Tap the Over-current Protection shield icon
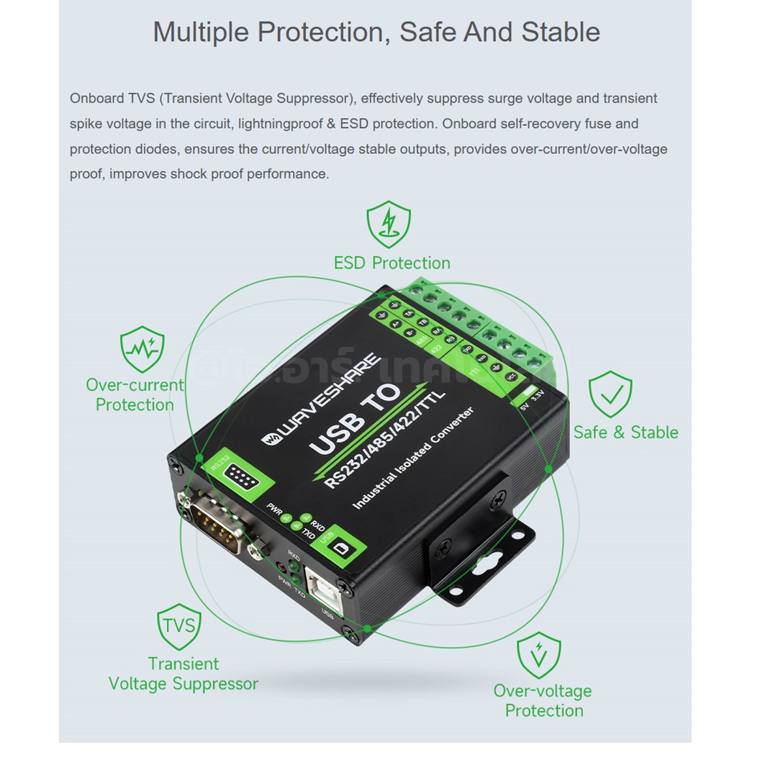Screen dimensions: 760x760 coord(142,349)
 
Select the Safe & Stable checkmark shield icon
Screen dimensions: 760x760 coord(610,394)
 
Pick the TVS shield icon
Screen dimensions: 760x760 coord(178,625)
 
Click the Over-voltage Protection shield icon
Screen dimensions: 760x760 coord(538,655)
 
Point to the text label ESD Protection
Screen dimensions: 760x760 coord(392,263)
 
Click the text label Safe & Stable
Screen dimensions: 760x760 coord(625,432)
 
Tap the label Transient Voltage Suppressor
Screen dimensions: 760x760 coord(183,673)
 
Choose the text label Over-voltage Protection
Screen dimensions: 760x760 coord(543,700)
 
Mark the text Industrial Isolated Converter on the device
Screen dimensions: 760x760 coord(412,458)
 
